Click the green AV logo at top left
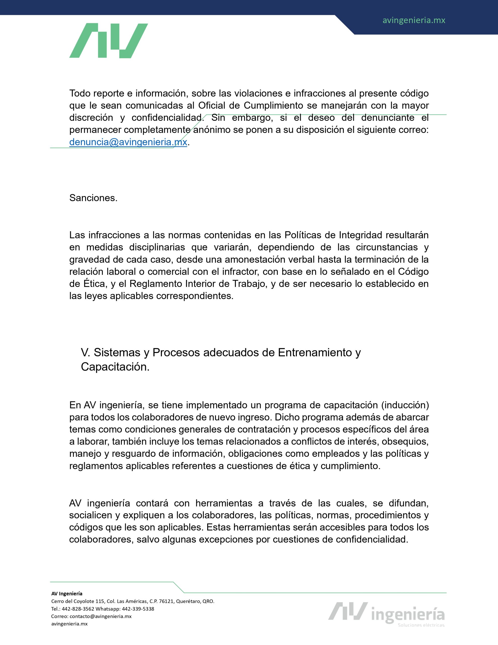coord(108,41)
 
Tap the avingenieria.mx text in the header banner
coord(414,20)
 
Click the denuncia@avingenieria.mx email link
coord(128,142)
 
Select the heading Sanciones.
coord(93,198)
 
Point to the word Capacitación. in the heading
coord(115,367)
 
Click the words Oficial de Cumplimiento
coord(251,105)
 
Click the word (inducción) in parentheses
coord(405,405)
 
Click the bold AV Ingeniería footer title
coord(67,594)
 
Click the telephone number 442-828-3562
coord(78,609)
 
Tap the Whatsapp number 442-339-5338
coord(138,609)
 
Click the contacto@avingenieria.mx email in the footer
coord(100,616)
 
